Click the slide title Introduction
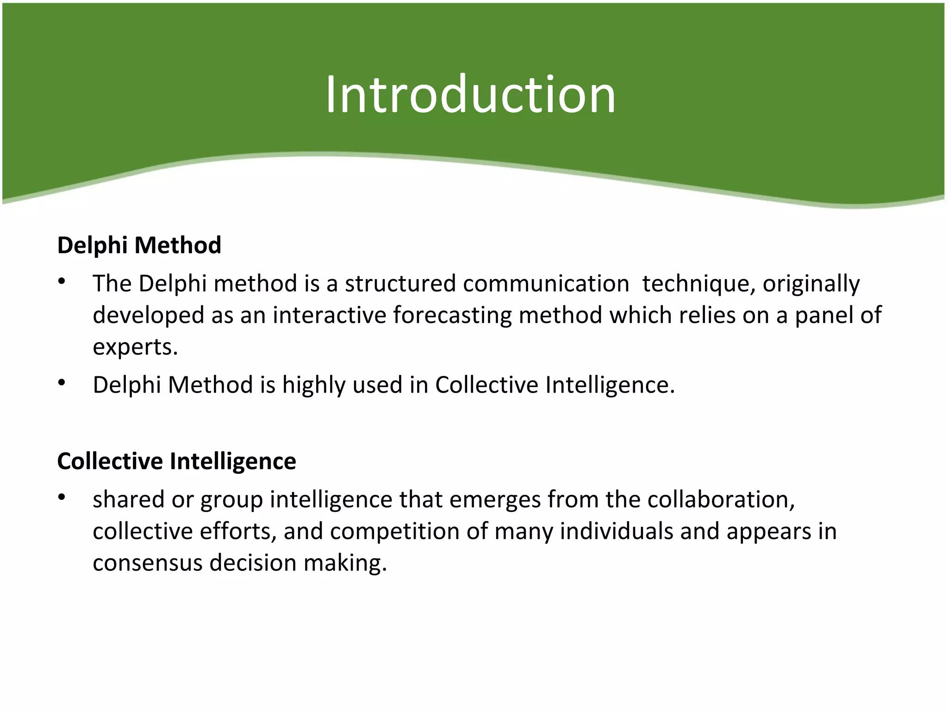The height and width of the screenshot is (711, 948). tap(470, 95)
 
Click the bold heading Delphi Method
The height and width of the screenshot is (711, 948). tap(139, 245)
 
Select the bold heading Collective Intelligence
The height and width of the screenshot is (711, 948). tap(176, 461)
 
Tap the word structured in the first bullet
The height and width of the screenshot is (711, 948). tap(400, 283)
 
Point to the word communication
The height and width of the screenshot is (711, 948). tap(546, 283)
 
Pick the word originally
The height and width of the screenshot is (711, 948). tap(811, 283)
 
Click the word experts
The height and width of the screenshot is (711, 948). tap(135, 347)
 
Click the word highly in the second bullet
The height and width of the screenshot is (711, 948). tap(314, 385)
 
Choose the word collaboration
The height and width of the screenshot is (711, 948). tap(721, 499)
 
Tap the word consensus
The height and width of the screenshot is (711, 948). tap(147, 563)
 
